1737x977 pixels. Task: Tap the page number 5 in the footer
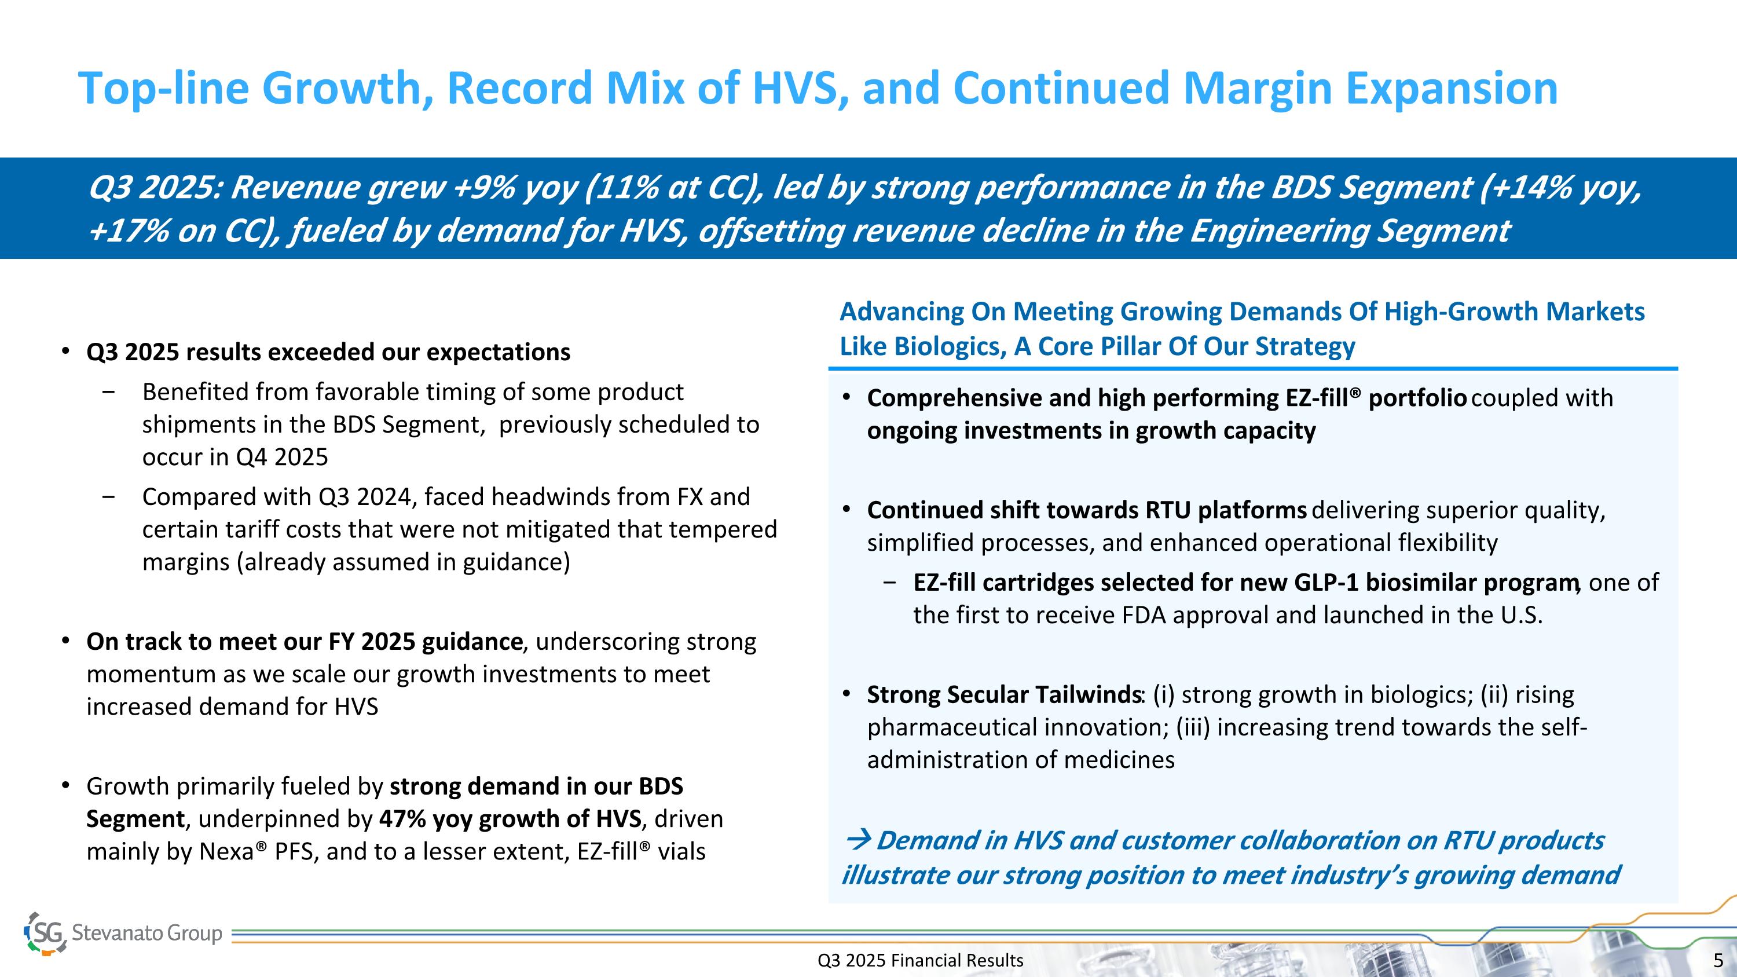pos(1718,960)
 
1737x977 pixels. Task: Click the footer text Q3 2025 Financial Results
pos(920,960)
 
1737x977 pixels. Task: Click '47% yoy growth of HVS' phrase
pos(510,818)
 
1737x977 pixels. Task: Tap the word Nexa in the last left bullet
pos(226,851)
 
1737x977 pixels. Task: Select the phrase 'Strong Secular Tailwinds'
pos(1003,694)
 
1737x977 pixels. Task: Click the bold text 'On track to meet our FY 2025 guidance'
pos(304,641)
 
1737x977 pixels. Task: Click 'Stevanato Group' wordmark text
pos(146,933)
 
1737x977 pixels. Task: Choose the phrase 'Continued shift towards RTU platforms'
pos(1086,510)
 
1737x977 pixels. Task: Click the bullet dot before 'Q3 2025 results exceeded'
pos(65,352)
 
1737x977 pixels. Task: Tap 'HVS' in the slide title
pos(796,89)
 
